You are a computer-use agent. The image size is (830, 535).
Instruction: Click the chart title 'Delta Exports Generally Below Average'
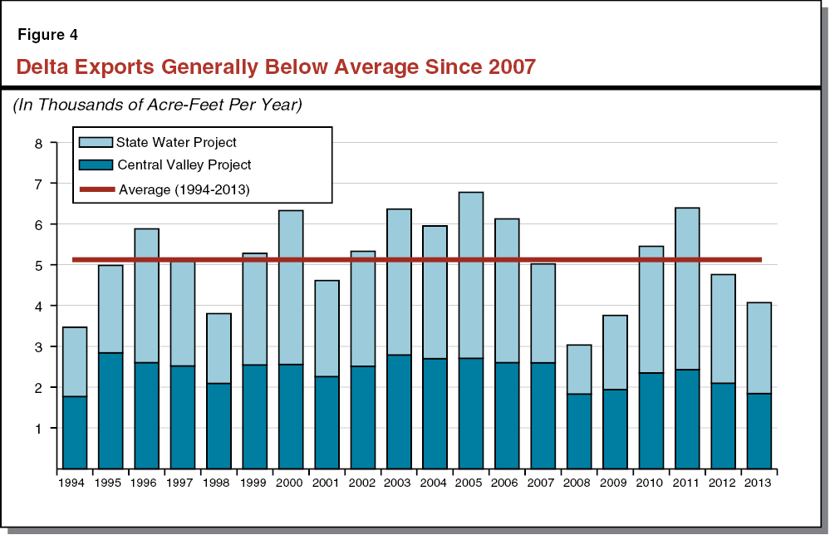pos(275,66)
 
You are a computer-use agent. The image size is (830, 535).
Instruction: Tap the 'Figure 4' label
pos(49,35)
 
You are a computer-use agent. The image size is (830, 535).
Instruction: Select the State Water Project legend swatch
pos(93,143)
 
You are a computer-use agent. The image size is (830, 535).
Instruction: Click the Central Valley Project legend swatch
pos(93,165)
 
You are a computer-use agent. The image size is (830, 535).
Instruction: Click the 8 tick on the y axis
pos(38,143)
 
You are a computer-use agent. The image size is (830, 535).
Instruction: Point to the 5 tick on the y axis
pos(38,266)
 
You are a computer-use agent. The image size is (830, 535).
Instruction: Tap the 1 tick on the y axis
pos(38,429)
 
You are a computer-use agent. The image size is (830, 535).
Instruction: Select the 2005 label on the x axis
pos(470,482)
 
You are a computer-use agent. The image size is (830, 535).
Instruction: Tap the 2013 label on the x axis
pos(759,482)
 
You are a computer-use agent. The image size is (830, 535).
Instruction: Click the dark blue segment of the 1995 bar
pos(111,410)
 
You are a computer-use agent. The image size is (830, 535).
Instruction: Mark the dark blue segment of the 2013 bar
pos(759,431)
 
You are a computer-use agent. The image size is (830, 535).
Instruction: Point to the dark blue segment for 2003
pos(399,411)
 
